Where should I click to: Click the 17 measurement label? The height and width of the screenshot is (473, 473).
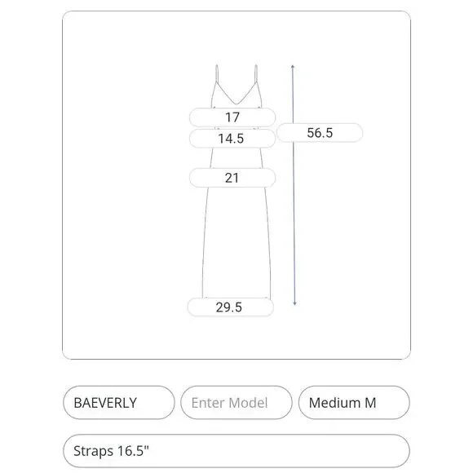coord(232,117)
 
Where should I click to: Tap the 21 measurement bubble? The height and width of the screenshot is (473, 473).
coord(232,178)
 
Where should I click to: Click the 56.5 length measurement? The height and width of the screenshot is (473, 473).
coord(320,133)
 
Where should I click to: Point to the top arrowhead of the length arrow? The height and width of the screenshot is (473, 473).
coord(293,66)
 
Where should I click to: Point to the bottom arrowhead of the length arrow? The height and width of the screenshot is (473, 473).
coord(294,303)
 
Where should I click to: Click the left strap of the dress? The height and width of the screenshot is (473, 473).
coord(217,73)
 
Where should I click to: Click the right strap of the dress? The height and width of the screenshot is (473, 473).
coord(256,73)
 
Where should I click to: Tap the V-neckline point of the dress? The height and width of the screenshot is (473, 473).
coord(236,104)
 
